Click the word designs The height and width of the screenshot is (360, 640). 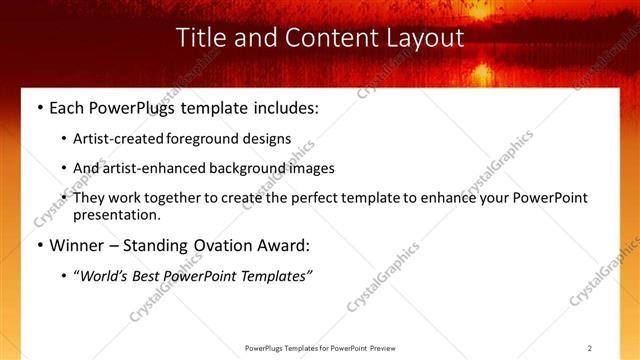(x=267, y=139)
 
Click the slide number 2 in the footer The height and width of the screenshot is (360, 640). (x=590, y=348)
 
